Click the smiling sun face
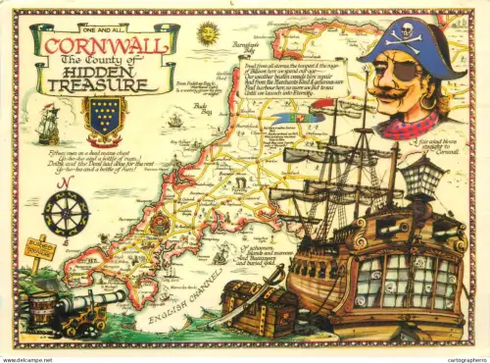pyautogui.click(x=208, y=33)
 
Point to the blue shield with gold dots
pyautogui.click(x=105, y=116)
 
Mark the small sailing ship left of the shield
pyautogui.click(x=48, y=125)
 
